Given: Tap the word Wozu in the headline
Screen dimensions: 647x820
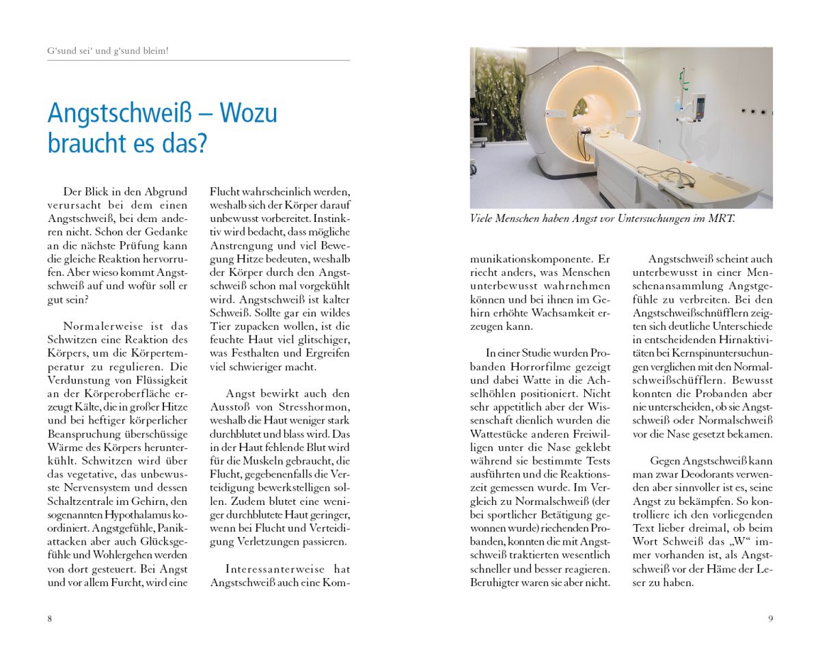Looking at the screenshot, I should click(x=249, y=113).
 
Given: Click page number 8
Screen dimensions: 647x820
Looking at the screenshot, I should click(x=50, y=619).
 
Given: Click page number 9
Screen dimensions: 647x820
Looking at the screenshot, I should click(x=770, y=619).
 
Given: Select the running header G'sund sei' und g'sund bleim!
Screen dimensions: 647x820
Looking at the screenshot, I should click(x=107, y=51).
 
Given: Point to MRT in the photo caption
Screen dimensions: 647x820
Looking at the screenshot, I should click(x=722, y=219).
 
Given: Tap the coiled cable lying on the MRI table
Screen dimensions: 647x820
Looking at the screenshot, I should click(x=666, y=176).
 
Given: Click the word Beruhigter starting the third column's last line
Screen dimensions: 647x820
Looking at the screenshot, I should click(x=496, y=582).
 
